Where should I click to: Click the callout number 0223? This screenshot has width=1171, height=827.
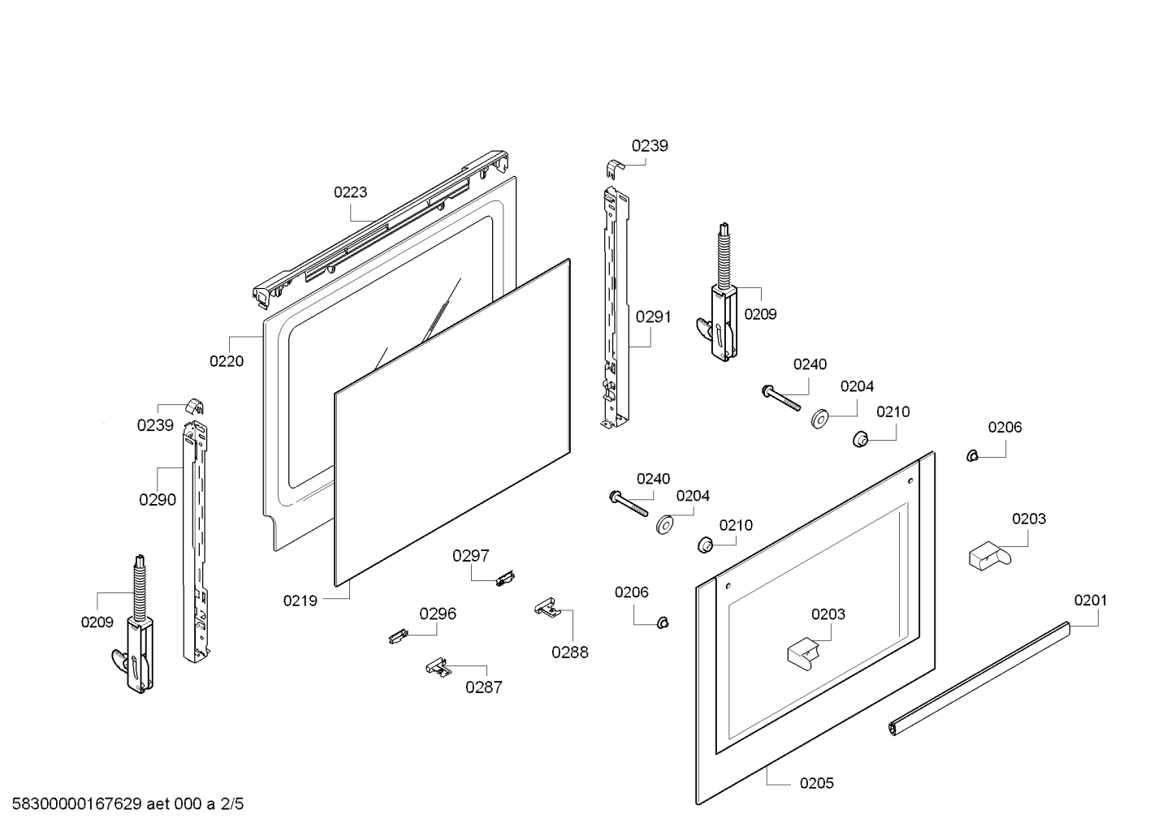(x=350, y=192)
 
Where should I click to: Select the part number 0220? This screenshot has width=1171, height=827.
(x=227, y=361)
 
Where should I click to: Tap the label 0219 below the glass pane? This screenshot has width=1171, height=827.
(x=300, y=601)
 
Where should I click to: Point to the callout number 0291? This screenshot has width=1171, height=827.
(x=653, y=317)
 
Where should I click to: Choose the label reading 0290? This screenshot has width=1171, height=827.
(x=158, y=500)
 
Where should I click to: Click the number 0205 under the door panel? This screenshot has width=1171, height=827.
(x=816, y=783)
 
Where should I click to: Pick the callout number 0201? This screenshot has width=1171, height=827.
(x=1091, y=601)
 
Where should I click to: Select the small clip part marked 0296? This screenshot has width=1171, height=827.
(x=397, y=636)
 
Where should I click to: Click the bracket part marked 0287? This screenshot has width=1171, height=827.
(x=438, y=667)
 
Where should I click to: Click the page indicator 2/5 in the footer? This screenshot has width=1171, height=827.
(x=231, y=804)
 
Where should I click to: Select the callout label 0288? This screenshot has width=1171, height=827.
(x=570, y=652)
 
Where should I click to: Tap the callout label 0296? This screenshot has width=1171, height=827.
(x=438, y=614)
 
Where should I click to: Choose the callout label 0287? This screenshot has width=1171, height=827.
(x=483, y=687)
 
